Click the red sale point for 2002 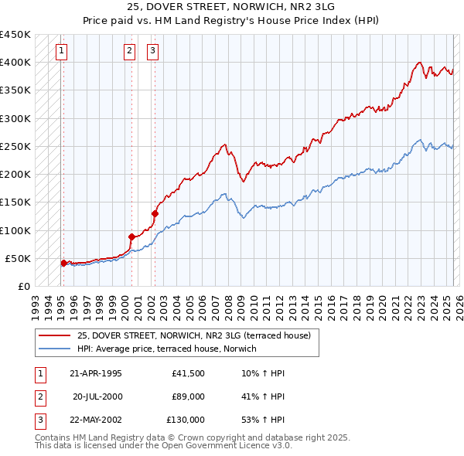155,213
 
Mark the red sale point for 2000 131,237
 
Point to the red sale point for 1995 63,263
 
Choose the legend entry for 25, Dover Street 193,335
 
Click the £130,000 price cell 186,420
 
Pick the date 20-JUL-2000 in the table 97,397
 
